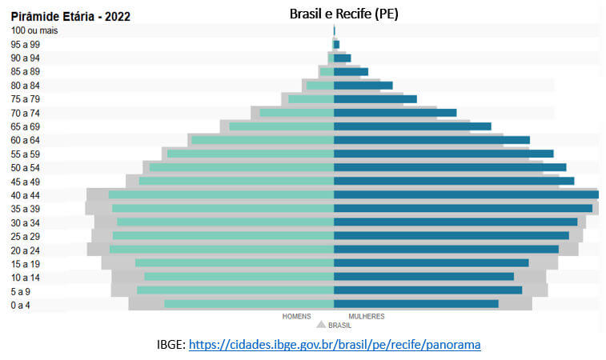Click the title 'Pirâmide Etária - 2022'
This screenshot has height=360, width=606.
[70, 16]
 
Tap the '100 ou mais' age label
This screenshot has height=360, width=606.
[34, 30]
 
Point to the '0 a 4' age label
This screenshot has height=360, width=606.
[22, 305]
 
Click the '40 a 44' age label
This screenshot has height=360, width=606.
[26, 195]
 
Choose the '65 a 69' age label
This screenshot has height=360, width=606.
[26, 126]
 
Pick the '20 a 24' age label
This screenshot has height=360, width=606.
[26, 250]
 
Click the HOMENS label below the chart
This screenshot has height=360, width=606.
[296, 317]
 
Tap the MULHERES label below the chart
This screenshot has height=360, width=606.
[366, 317]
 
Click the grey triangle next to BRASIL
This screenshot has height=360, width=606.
[321, 326]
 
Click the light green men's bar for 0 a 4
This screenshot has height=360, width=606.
[248, 304]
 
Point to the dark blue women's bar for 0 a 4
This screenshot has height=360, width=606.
[416, 304]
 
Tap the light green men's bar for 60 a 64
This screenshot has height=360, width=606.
[262, 140]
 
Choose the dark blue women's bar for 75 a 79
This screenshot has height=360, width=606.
[375, 99]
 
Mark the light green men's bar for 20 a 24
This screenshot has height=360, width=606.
[221, 250]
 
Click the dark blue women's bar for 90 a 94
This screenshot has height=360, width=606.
[342, 58]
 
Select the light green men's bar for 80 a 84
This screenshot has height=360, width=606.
[319, 86]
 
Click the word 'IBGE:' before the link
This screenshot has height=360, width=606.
[171, 345]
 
